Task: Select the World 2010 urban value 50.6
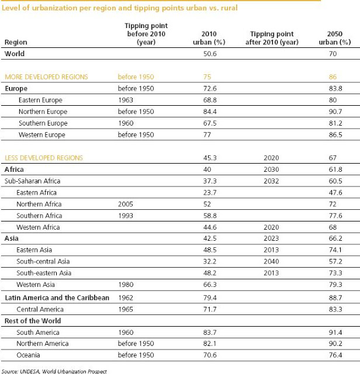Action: (x=208, y=54)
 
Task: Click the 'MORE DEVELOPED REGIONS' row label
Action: (x=46, y=77)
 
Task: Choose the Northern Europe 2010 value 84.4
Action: (x=208, y=112)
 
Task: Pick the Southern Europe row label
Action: (x=43, y=123)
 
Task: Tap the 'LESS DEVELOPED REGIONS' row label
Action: (x=44, y=158)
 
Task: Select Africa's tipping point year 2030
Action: (x=274, y=169)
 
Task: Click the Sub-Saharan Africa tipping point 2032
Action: (x=274, y=181)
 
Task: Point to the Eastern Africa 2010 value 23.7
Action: (x=208, y=192)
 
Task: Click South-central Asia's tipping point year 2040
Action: (x=274, y=262)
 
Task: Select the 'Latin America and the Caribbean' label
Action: (x=57, y=297)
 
